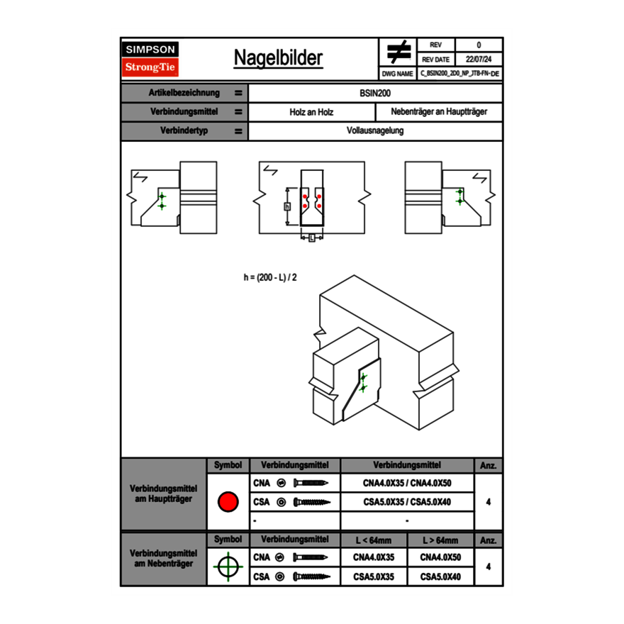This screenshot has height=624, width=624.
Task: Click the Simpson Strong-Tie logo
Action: (x=150, y=59)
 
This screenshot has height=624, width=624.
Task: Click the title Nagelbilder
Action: (x=278, y=58)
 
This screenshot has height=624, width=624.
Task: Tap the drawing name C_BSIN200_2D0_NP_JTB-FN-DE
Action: (x=459, y=73)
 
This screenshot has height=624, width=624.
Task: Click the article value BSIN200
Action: (x=375, y=93)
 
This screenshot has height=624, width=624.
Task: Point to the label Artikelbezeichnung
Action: (x=184, y=93)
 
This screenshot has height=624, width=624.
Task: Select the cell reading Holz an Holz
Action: (x=311, y=112)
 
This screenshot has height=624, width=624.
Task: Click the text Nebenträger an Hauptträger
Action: (x=439, y=112)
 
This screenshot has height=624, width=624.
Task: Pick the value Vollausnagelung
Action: (x=375, y=131)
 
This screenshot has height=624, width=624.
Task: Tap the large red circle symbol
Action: (x=228, y=502)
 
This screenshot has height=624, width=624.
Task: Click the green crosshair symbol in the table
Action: (x=228, y=567)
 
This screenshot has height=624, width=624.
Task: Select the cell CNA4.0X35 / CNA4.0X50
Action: (x=407, y=483)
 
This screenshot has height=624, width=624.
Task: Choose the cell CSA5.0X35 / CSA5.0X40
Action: (x=407, y=502)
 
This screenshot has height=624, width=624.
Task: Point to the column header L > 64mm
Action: (x=440, y=540)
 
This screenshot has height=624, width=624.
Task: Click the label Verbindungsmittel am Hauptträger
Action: (x=163, y=494)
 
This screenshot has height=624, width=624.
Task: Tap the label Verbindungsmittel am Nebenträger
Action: (x=163, y=558)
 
